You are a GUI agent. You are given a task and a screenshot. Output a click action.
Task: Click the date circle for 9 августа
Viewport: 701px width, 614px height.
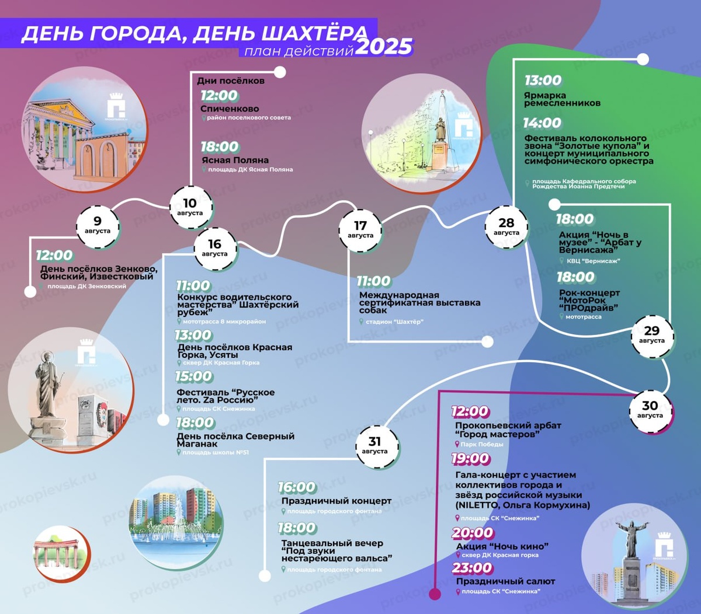tap(98, 225)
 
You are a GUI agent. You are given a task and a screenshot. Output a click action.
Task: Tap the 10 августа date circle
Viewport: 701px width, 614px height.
tap(190, 207)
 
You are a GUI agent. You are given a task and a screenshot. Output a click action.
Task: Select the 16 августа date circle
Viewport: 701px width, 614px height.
tap(215, 248)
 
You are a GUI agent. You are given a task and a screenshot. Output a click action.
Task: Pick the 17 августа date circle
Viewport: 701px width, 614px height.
tap(360, 229)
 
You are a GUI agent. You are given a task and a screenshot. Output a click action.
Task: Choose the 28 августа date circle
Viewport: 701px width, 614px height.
tap(506, 226)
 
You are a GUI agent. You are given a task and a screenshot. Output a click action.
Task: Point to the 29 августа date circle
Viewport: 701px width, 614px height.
tap(651, 335)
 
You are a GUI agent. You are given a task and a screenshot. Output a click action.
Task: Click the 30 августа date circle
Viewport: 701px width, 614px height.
tap(650, 410)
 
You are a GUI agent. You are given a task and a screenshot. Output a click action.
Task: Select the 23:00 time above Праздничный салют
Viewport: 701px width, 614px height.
tap(472, 568)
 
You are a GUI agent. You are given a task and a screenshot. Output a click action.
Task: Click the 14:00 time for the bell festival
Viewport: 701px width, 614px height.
tap(542, 123)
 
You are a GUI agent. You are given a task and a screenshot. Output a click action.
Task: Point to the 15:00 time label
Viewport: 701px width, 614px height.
tap(194, 376)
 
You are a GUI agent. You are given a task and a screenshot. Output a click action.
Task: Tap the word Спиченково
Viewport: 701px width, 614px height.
tap(230, 109)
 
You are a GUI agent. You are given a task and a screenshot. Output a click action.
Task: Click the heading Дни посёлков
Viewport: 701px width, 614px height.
tap(231, 81)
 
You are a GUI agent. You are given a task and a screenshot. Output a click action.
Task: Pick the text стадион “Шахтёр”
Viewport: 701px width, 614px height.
tap(395, 322)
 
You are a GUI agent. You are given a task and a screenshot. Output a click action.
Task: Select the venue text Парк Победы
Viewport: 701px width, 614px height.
tap(482, 444)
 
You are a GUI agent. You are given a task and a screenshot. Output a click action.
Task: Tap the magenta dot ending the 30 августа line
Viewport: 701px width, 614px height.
tap(435, 594)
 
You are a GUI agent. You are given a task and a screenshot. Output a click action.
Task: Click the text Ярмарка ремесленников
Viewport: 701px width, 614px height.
tap(562, 99)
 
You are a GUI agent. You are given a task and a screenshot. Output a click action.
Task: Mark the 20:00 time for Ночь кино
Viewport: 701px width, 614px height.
tap(473, 533)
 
